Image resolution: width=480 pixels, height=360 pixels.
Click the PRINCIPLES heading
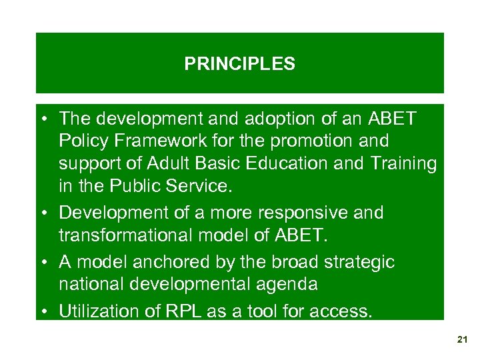point(239,64)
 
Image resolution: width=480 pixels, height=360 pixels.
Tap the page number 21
point(463,340)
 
